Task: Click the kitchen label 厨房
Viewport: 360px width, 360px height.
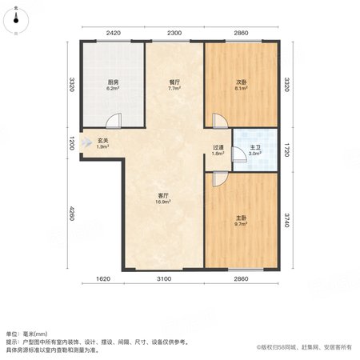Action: point(113,82)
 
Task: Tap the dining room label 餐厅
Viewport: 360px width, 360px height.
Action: point(174,82)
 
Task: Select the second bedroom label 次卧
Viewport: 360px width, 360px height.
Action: point(241,82)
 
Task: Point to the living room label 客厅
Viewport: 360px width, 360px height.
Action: point(163,195)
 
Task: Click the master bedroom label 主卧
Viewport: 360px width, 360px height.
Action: point(241,218)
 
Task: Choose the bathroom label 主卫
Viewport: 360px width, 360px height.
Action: point(255,147)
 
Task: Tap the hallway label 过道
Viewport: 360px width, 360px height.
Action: point(218,147)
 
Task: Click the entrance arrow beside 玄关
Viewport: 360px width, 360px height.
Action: point(86,142)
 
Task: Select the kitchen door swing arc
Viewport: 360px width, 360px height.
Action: point(114,121)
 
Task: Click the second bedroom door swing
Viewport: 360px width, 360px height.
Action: point(220,121)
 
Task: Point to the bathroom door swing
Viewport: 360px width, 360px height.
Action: point(239,154)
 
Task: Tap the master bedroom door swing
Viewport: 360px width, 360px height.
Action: point(220,179)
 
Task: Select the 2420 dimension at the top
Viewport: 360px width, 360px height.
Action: point(114,33)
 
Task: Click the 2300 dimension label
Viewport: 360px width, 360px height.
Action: point(174,33)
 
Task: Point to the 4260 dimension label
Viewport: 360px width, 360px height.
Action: point(71,213)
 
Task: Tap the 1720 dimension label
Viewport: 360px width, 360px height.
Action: point(286,150)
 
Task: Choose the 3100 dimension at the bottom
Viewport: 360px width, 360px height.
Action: point(164,279)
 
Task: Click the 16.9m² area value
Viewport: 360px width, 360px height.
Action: point(163,202)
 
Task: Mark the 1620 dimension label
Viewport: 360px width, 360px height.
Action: point(103,279)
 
